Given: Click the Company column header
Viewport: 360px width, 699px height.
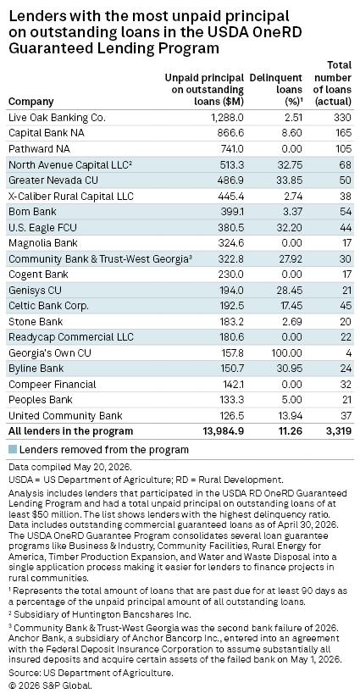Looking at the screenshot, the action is pos(30,102).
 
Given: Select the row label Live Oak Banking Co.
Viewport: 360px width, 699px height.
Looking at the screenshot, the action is pos(57,118).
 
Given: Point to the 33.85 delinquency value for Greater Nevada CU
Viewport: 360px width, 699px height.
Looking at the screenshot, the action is pos(289,180).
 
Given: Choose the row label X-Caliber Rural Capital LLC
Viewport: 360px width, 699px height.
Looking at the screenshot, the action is pos(71,197).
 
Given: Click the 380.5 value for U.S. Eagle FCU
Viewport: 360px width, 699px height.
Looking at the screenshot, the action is pos(230,227).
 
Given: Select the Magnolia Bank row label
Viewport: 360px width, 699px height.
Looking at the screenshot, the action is pos(42,243).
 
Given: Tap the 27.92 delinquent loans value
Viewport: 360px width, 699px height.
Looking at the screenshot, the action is pos(290,258).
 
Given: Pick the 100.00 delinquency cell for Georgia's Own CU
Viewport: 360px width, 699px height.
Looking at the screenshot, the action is pos(287,352).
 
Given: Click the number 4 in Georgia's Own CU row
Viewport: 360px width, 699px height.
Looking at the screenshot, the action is pos(348,352).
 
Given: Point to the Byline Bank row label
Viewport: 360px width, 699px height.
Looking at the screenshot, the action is pos(36,369).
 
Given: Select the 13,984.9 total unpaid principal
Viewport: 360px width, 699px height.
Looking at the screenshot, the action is pos(224,431).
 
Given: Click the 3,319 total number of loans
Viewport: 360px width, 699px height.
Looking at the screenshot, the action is pos(338,431).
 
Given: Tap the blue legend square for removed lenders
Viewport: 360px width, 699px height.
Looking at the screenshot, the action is pos(13,449).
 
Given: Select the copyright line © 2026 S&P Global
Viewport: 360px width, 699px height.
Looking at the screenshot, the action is pos(50,685).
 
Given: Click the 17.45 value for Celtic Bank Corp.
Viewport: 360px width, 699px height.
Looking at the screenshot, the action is pos(291,306).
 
